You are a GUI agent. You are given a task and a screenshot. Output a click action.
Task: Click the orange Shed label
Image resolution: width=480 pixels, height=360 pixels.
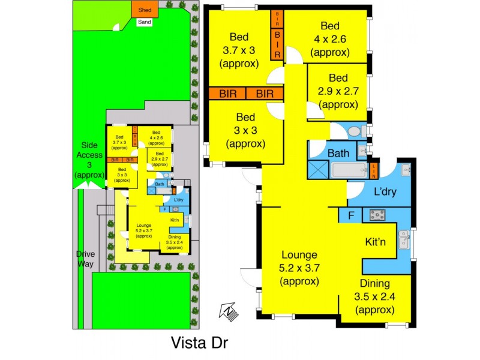click(145, 10)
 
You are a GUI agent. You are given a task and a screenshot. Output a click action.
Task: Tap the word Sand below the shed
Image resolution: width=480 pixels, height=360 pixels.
click(145, 22)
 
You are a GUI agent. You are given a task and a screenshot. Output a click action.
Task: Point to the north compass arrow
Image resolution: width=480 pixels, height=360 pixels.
click(229, 311)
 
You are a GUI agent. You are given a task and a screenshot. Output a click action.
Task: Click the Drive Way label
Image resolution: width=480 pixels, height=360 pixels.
click(85, 259)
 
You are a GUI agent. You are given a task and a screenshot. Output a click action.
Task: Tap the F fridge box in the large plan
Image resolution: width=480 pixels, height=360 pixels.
click(349, 215)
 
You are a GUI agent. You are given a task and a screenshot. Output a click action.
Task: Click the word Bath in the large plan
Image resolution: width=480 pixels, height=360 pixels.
click(338, 154)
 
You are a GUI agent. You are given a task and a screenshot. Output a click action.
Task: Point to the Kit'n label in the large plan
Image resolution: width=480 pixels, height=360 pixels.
click(379, 242)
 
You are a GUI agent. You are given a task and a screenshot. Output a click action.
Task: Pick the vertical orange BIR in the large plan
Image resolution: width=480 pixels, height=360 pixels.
click(277, 37)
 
